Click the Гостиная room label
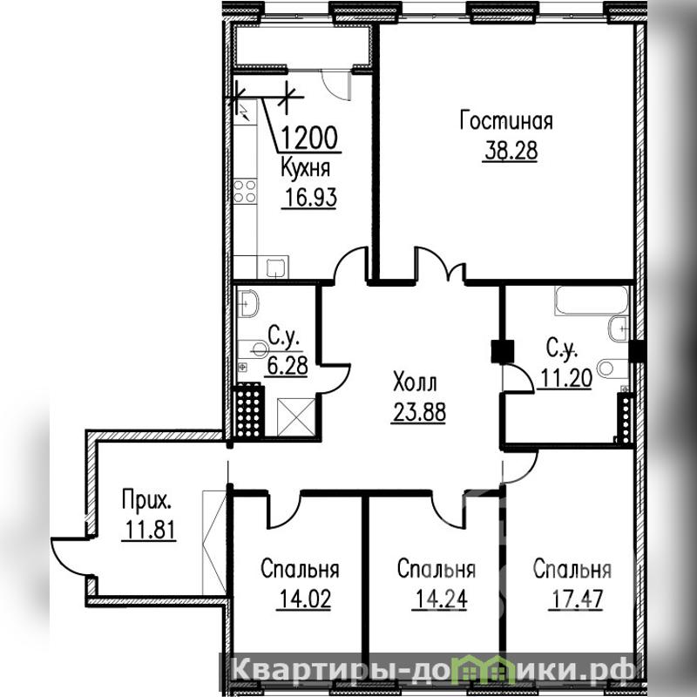click(x=506, y=122)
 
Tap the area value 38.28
click(x=511, y=150)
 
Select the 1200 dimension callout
click(x=310, y=138)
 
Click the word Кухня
click(x=306, y=169)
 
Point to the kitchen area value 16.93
click(x=311, y=197)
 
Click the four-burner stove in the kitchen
click(x=245, y=191)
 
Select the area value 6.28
click(x=288, y=366)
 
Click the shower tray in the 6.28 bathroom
click(x=295, y=417)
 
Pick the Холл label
click(x=416, y=382)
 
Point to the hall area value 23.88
click(x=419, y=412)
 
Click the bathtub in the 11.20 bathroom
click(x=592, y=300)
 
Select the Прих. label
click(x=146, y=499)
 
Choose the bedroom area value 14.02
click(x=305, y=599)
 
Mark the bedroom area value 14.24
click(x=441, y=599)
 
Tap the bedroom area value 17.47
click(x=577, y=599)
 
